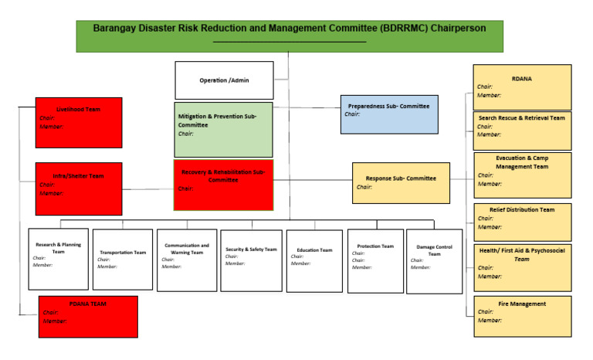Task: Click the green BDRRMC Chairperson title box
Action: (x=289, y=36)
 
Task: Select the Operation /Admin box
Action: (x=224, y=80)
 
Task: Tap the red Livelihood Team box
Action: (x=79, y=122)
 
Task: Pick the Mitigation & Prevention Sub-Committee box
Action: (x=223, y=129)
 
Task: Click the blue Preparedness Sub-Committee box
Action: (x=389, y=114)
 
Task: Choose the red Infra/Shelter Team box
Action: (x=79, y=188)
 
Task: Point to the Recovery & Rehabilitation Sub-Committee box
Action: (x=223, y=185)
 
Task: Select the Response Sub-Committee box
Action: (x=401, y=183)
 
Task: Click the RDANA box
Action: (x=521, y=87)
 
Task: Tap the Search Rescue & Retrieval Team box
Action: (x=521, y=131)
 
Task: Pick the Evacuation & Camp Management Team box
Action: (x=521, y=175)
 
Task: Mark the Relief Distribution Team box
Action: (x=521, y=222)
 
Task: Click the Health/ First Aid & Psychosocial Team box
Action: (x=521, y=267)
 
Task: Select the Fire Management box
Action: (x=521, y=316)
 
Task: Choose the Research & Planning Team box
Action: (x=58, y=259)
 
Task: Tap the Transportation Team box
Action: (x=123, y=259)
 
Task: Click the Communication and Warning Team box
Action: (x=186, y=260)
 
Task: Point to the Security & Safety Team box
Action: (x=251, y=260)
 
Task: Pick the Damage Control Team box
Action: (x=434, y=261)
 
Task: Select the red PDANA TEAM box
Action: (x=88, y=317)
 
